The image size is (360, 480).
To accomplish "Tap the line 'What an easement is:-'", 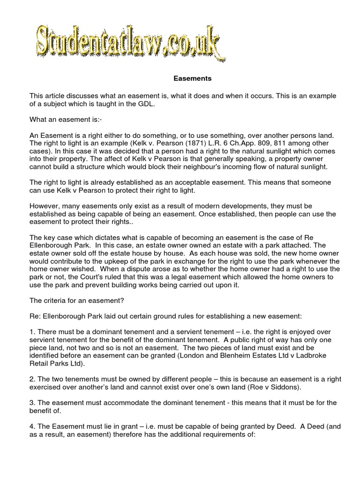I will [61, 119].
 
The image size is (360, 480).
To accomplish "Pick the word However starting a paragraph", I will [45, 206].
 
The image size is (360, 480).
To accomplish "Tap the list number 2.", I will [32, 380].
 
